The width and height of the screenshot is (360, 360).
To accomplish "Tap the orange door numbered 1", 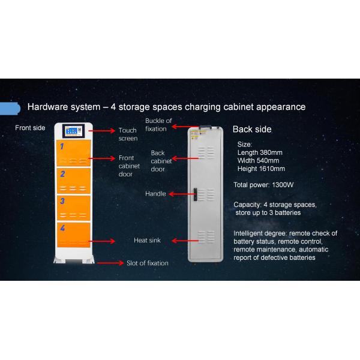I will tap(74, 153).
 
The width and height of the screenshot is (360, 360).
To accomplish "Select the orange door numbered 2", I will tap(74, 181).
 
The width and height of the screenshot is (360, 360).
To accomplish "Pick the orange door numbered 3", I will tap(74, 208).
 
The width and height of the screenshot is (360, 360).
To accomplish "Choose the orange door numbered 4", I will tap(74, 237).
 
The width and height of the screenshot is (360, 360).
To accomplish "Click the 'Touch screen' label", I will tap(128, 134).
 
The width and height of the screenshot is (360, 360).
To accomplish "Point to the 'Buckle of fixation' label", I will tap(159, 125).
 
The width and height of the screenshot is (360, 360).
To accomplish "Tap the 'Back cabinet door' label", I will tap(161, 161).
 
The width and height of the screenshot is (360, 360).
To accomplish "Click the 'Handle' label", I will tap(155, 194).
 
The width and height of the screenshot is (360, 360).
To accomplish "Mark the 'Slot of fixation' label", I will tap(147, 263).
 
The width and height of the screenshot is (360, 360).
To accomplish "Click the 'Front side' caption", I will tap(30, 128).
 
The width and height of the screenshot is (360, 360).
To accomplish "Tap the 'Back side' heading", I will tap(252, 129).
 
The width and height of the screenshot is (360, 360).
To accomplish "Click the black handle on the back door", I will tap(194, 194).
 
